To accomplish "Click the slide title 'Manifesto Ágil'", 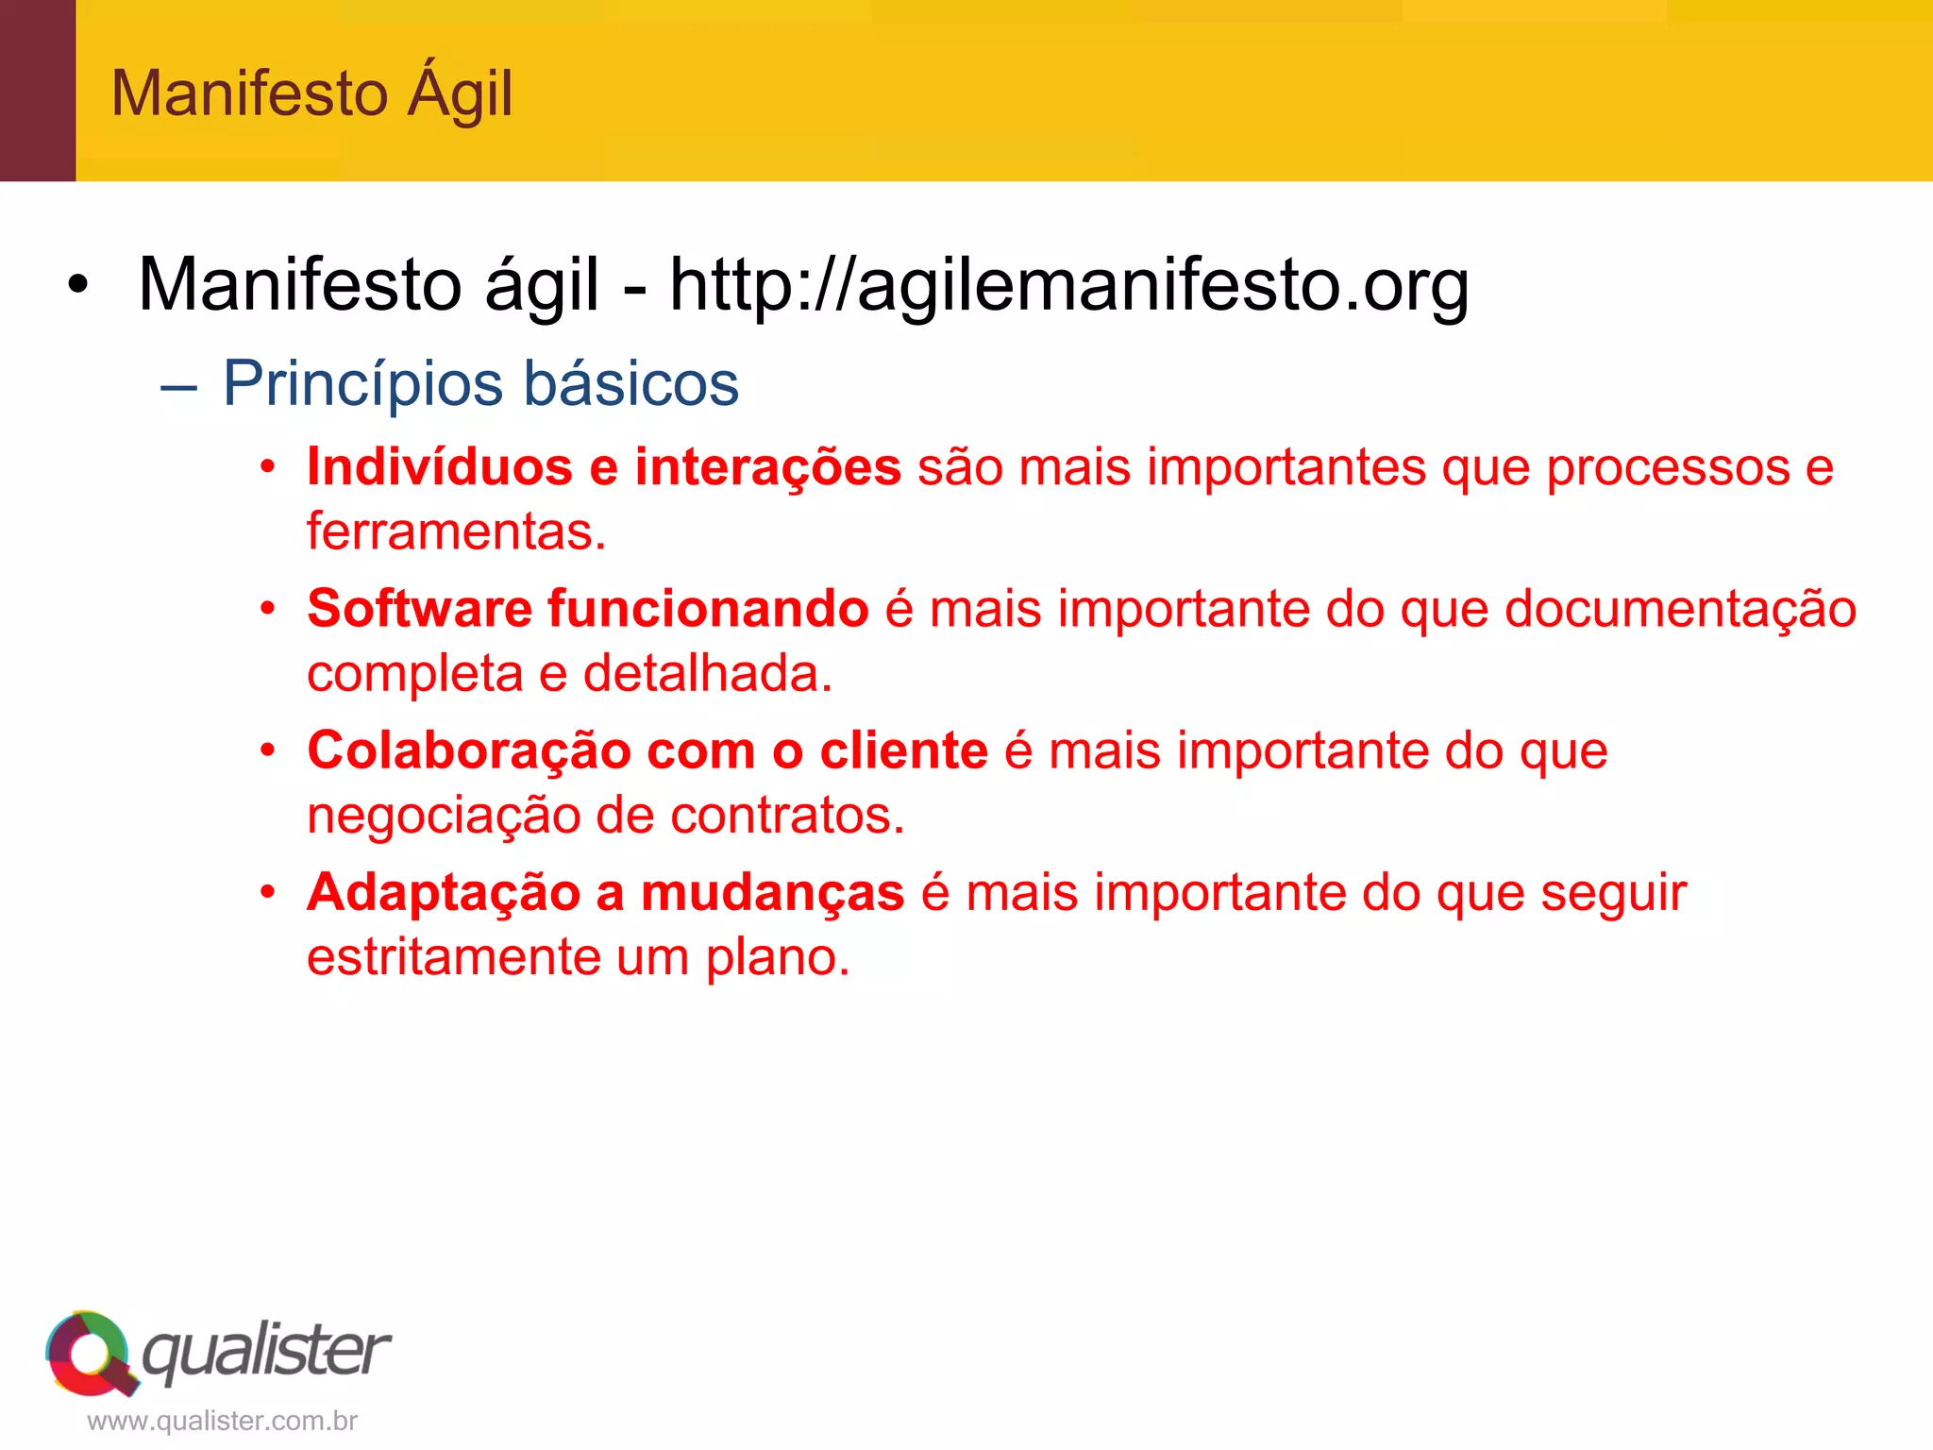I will [x=311, y=93].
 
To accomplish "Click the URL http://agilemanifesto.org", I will [x=1068, y=284].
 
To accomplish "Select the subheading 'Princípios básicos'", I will [x=480, y=383].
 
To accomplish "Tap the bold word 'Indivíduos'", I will [x=439, y=466].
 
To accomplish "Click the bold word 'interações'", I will [x=767, y=466].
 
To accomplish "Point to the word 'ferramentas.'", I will [x=456, y=531].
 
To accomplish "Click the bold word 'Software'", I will [x=419, y=608].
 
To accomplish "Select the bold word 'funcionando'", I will [x=708, y=608].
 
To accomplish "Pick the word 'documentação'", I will [x=1680, y=608].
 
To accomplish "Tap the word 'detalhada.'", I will [x=707, y=673].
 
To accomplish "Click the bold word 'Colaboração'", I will [x=469, y=750].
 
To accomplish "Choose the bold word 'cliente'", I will [x=903, y=750].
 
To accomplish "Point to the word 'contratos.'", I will [x=787, y=815].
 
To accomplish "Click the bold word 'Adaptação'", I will [x=443, y=892].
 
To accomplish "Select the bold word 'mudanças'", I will [x=772, y=892].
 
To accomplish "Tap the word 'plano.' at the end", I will [x=778, y=956].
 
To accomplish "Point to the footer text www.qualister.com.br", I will [x=222, y=1421].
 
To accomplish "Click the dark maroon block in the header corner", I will [x=38, y=91].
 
